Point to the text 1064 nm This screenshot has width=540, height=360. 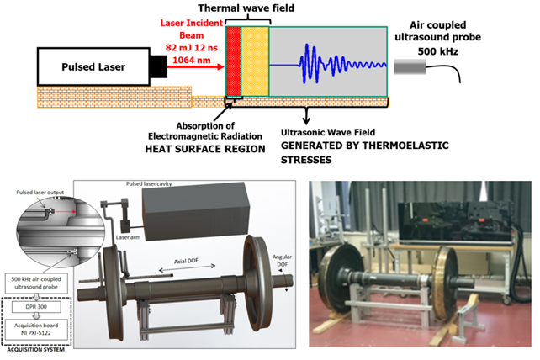[x=191, y=60]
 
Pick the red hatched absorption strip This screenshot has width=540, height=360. [x=234, y=63]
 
